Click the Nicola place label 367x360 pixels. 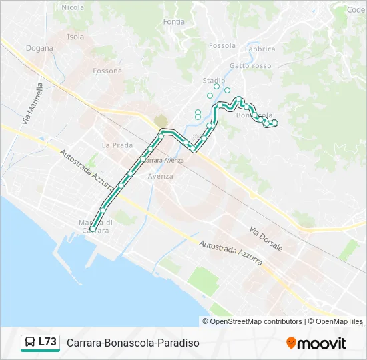tap(73, 7)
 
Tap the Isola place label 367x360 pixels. tap(75, 37)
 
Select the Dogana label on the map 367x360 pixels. tap(39, 48)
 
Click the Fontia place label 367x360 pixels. tap(173, 22)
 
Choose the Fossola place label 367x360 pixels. tap(222, 46)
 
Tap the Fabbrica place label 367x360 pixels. tap(260, 49)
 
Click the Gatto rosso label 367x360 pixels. tap(250, 66)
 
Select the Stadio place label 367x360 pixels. tap(214, 81)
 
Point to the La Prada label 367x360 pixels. tap(117, 145)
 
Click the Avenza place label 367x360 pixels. tap(161, 176)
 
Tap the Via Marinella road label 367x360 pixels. tap(32, 104)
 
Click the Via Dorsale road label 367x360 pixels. tap(266, 239)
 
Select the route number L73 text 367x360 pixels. tap(47, 342)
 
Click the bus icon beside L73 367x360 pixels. tap(30, 343)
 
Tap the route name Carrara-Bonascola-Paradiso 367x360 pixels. tap(133, 343)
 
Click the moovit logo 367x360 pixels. tap(316, 343)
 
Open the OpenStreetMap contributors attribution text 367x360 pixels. tap(256, 321)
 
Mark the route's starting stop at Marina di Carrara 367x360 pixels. tap(93, 229)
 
